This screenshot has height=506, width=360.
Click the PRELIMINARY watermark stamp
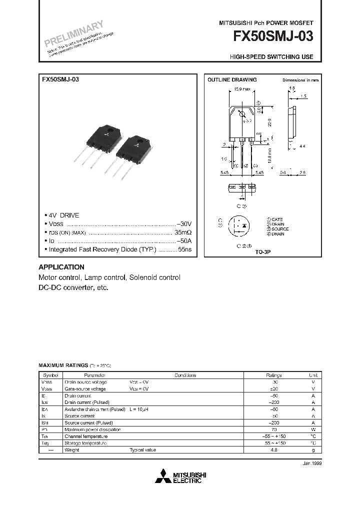(x=74, y=33)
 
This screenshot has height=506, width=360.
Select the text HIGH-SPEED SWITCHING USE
(x=271, y=57)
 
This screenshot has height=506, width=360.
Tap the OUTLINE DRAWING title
(x=232, y=80)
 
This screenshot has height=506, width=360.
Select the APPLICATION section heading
(x=61, y=267)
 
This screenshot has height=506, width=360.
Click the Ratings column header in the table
(x=273, y=375)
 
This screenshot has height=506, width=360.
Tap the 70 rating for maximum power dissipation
(x=273, y=429)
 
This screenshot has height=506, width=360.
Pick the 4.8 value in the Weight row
(x=273, y=450)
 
